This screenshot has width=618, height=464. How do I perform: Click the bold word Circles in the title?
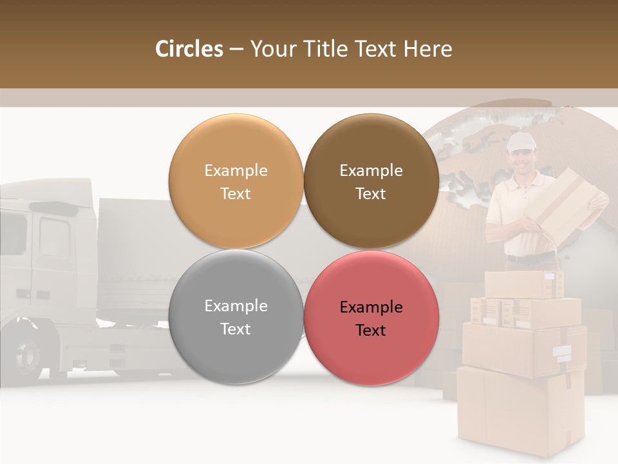click(x=189, y=49)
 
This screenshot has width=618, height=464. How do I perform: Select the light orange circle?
click(x=236, y=182)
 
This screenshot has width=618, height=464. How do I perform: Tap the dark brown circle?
click(x=371, y=182)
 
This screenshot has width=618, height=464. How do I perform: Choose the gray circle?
click(x=236, y=317)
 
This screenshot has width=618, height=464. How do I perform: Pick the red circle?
click(x=371, y=318)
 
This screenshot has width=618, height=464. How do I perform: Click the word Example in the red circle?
click(x=371, y=307)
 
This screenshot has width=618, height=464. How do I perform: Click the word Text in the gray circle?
click(x=236, y=329)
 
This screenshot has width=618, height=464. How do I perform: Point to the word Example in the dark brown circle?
click(x=371, y=171)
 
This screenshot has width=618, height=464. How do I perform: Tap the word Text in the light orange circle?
click(x=236, y=193)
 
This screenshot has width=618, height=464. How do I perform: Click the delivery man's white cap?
click(x=520, y=142)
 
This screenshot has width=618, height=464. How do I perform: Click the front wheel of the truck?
click(x=29, y=354)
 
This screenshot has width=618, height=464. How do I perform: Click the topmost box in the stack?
click(x=523, y=284)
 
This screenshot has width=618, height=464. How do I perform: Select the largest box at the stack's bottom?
click(x=520, y=409)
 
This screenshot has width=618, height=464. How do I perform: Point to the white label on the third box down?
click(x=562, y=353)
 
